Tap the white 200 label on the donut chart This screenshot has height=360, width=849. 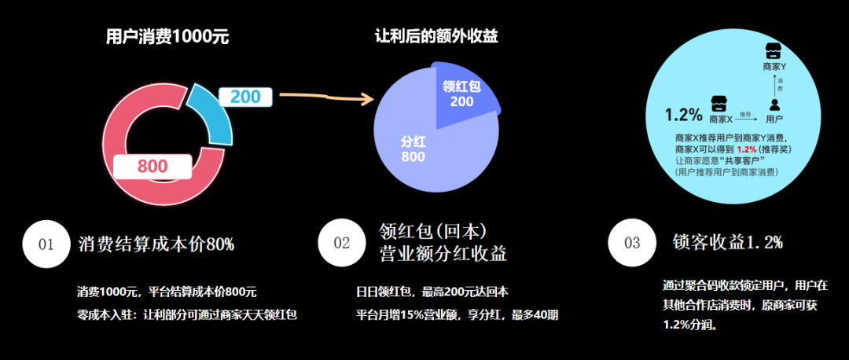click(x=245, y=97)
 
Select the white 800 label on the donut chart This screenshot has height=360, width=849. click(x=152, y=166)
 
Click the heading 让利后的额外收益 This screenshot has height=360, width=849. click(x=436, y=37)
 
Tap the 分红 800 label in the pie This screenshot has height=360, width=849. click(x=413, y=149)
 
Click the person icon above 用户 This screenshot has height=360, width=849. click(x=774, y=104)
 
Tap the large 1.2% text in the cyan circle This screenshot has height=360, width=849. click(x=683, y=115)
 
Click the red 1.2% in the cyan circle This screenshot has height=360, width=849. click(x=747, y=149)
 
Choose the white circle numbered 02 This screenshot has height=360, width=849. click(x=342, y=243)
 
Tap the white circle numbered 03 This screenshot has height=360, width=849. click(x=633, y=243)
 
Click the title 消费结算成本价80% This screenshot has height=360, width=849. click(x=156, y=244)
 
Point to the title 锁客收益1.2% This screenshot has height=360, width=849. click(x=727, y=243)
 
